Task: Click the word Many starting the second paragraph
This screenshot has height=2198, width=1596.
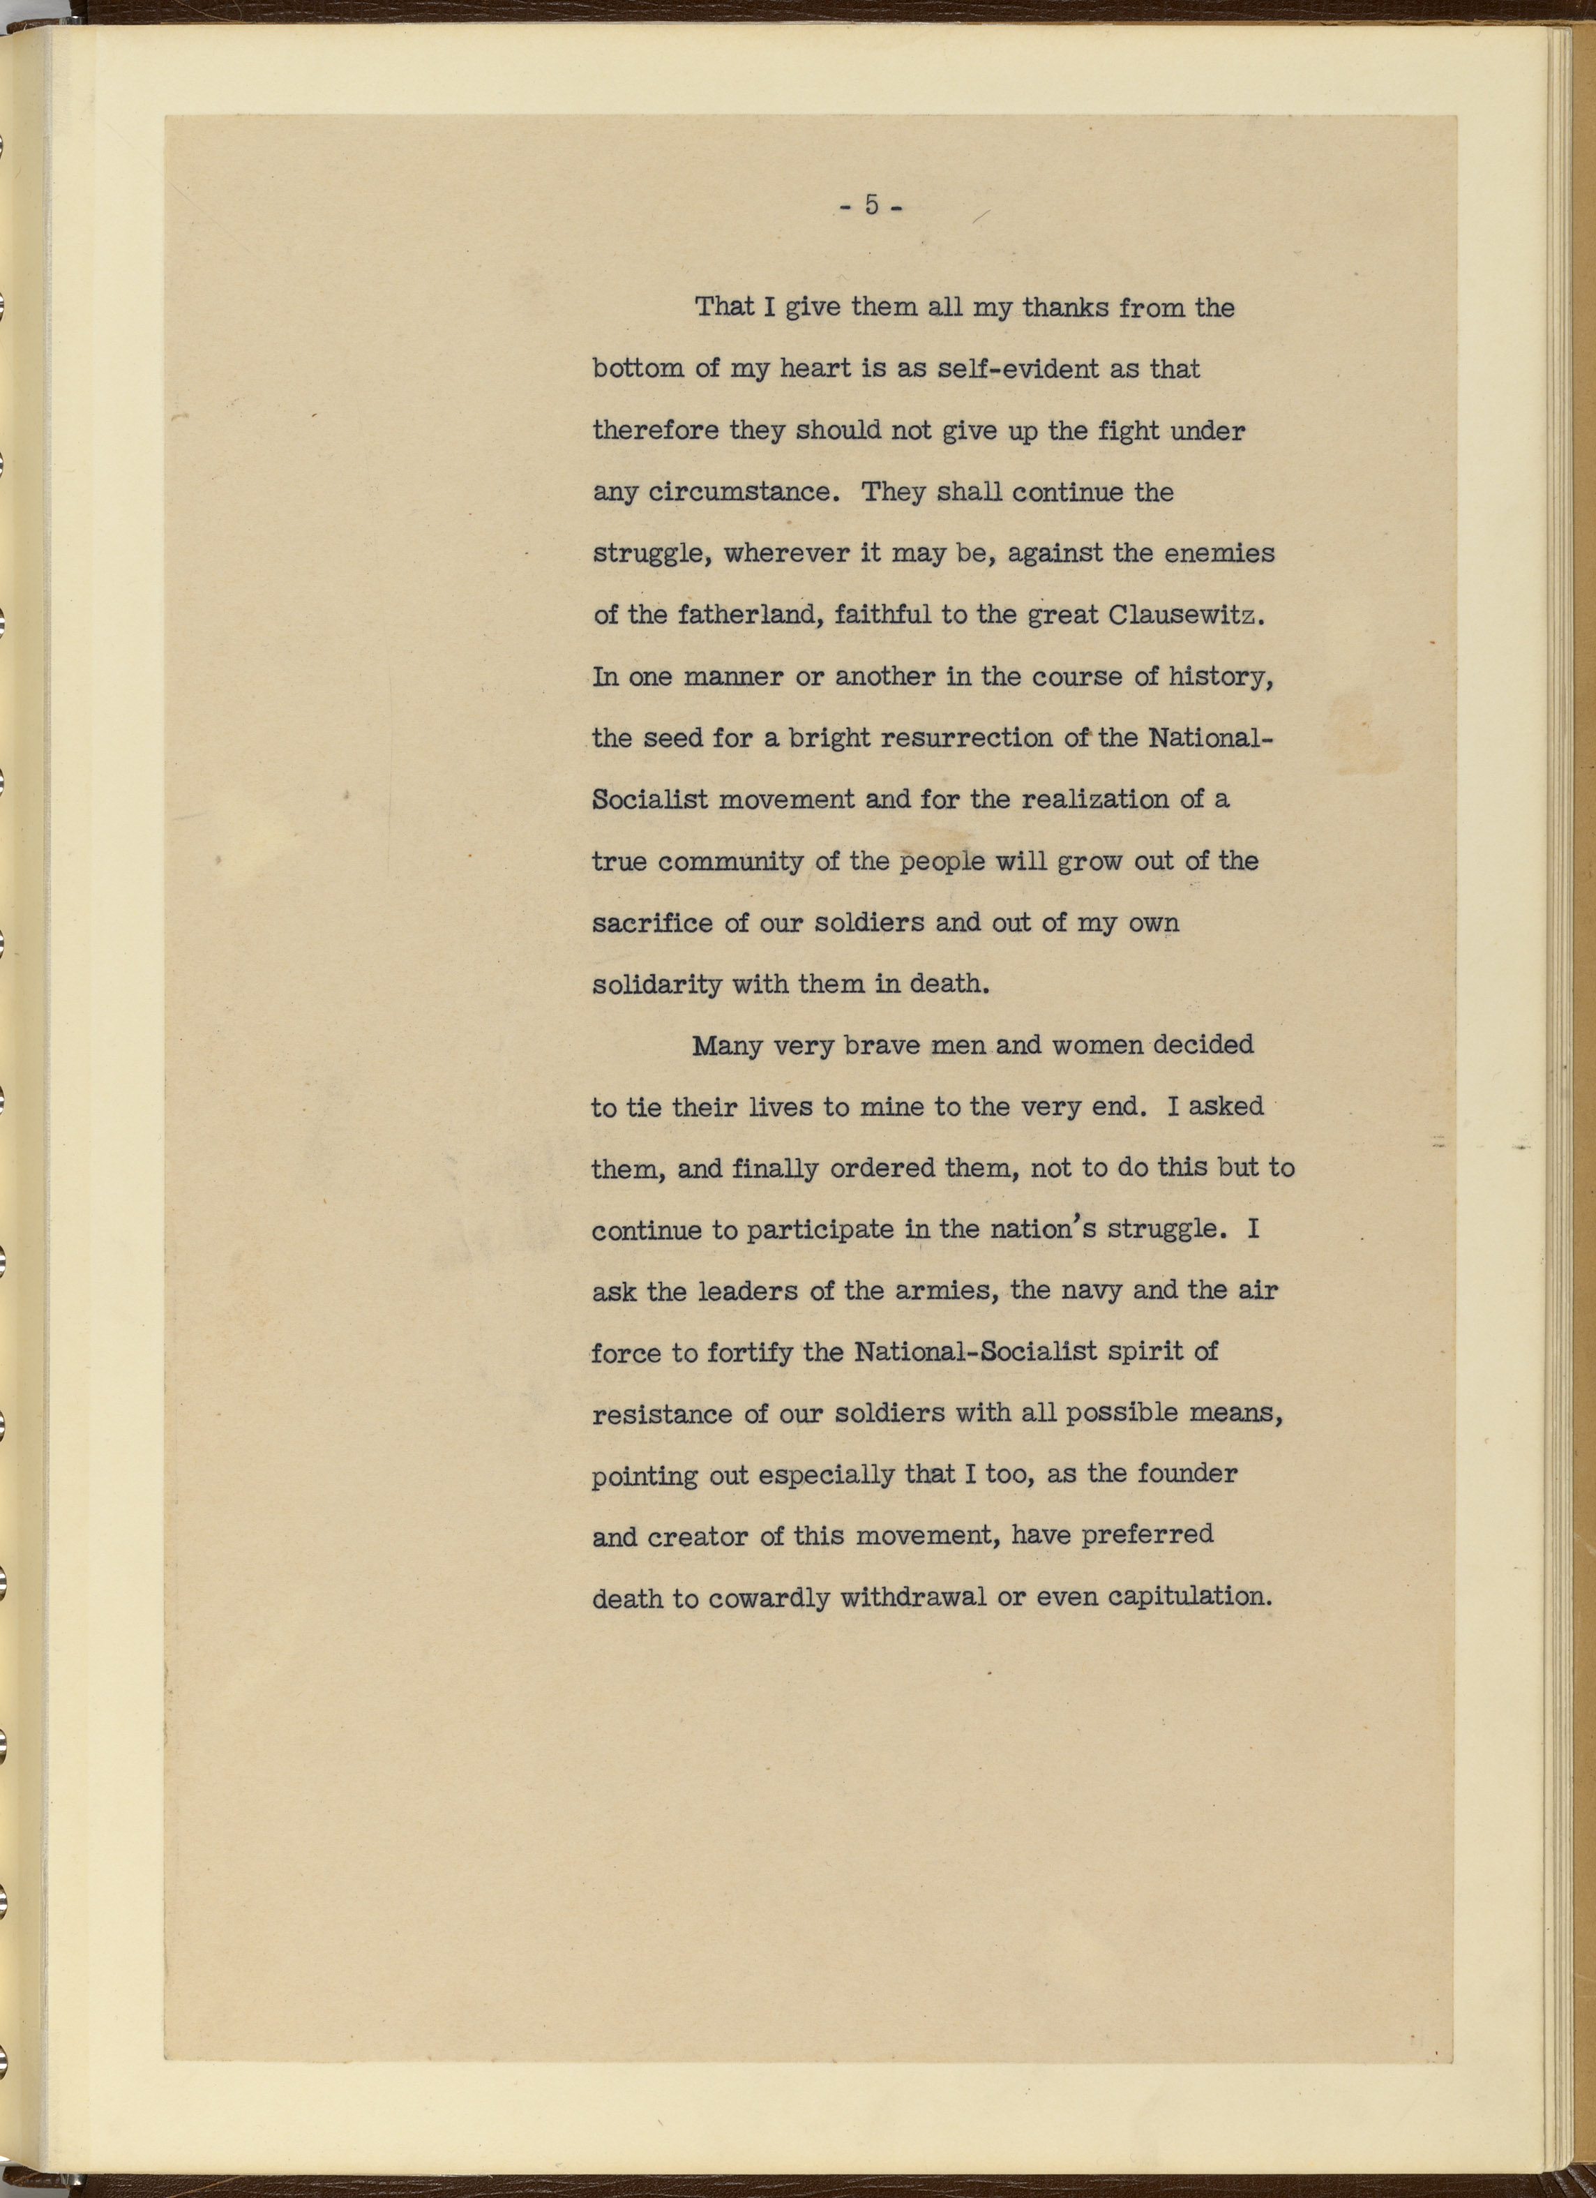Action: (727, 1047)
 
